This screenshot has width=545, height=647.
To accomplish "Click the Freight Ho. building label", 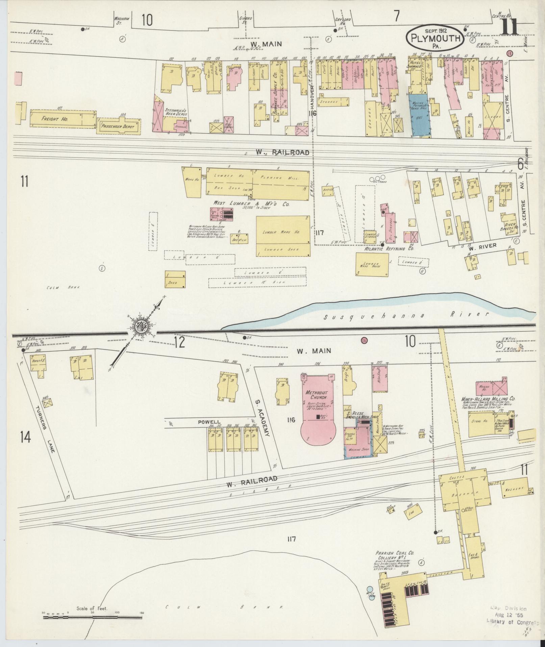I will coord(50,119).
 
